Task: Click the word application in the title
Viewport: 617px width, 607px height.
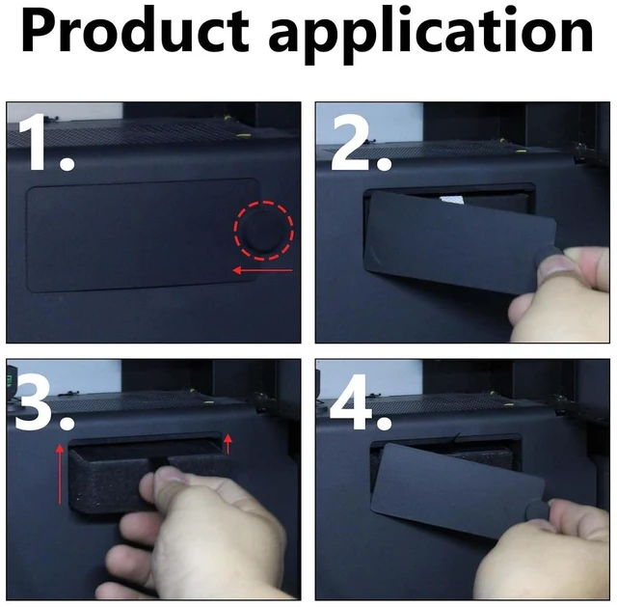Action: pyautogui.click(x=431, y=36)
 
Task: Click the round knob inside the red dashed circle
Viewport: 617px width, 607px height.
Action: pyautogui.click(x=264, y=232)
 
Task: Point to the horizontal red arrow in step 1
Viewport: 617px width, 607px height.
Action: pyautogui.click(x=262, y=270)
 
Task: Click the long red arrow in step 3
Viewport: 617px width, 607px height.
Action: pyautogui.click(x=60, y=474)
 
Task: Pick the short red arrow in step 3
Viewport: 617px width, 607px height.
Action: pyautogui.click(x=228, y=444)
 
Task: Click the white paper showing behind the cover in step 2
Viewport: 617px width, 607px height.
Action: pyautogui.click(x=452, y=200)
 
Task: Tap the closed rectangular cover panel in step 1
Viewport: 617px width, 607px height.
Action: pyautogui.click(x=143, y=235)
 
